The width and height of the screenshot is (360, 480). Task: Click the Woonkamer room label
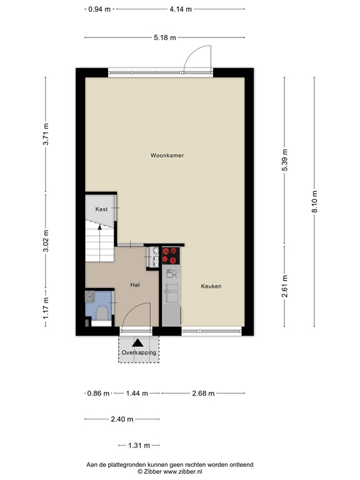pyautogui.click(x=167, y=156)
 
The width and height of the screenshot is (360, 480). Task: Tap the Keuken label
pyautogui.click(x=211, y=286)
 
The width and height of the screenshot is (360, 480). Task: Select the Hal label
pyautogui.click(x=135, y=285)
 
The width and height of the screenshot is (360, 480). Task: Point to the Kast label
pyautogui.click(x=101, y=209)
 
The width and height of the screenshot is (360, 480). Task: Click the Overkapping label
pyautogui.click(x=139, y=352)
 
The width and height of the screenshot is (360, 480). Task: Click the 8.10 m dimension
pyautogui.click(x=315, y=201)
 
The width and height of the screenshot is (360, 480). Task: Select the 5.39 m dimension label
pyautogui.click(x=285, y=161)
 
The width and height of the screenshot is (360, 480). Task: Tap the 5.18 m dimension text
pyautogui.click(x=165, y=37)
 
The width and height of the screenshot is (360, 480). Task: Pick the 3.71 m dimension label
pyautogui.click(x=46, y=134)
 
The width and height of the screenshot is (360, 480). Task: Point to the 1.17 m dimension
pyautogui.click(x=46, y=307)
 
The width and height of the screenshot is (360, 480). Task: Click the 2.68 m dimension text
pyautogui.click(x=203, y=393)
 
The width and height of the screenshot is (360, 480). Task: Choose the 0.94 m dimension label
pyautogui.click(x=99, y=9)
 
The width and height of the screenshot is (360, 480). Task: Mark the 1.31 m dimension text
pyautogui.click(x=139, y=446)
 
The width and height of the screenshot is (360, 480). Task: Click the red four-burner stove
pyautogui.click(x=171, y=256)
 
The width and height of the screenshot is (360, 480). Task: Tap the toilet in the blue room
pyautogui.click(x=102, y=314)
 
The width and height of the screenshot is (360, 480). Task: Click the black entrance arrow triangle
pyautogui.click(x=137, y=342)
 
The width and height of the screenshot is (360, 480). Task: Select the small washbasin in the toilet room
pyautogui.click(x=90, y=296)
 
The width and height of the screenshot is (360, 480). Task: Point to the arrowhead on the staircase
pyautogui.click(x=99, y=227)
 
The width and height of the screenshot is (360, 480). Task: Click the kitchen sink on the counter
pyautogui.click(x=172, y=293)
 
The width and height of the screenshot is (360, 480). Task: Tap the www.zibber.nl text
pyautogui.click(x=182, y=472)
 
